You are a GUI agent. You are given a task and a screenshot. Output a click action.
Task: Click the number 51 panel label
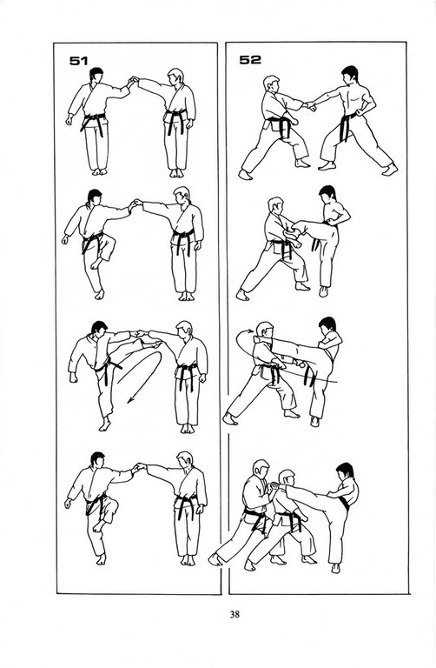tap(79, 61)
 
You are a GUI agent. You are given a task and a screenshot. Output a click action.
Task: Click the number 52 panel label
tap(250, 60)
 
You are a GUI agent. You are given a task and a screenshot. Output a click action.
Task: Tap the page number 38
tap(235, 614)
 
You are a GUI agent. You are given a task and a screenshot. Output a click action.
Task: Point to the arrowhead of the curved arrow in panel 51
tap(129, 399)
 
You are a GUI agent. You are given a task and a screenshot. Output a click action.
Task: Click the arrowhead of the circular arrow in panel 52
tap(249, 331)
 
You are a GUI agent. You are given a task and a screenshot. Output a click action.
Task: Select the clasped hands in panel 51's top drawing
tap(134, 80)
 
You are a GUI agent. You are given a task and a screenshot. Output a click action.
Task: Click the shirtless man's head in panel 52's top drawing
tap(350, 75)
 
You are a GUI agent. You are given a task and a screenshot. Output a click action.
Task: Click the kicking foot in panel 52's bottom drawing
tap(277, 485)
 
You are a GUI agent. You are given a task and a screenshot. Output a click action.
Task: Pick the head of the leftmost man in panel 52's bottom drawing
tap(260, 469)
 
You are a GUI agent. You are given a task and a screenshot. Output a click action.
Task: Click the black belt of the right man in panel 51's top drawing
tap(175, 118)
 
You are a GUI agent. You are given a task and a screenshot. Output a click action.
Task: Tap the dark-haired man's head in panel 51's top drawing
tap(96, 77)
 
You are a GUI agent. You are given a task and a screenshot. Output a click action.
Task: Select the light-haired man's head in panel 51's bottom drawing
tap(185, 460)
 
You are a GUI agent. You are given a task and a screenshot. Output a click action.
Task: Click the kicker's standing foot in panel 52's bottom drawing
tap(335, 568)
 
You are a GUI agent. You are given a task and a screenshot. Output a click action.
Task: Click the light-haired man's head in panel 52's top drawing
tap(271, 84)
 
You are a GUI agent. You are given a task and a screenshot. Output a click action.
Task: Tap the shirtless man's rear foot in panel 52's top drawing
tap(389, 169)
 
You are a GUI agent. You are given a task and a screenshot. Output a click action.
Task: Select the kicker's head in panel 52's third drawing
tap(327, 326)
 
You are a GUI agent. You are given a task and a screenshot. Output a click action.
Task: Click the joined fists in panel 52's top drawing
tap(311, 105)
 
